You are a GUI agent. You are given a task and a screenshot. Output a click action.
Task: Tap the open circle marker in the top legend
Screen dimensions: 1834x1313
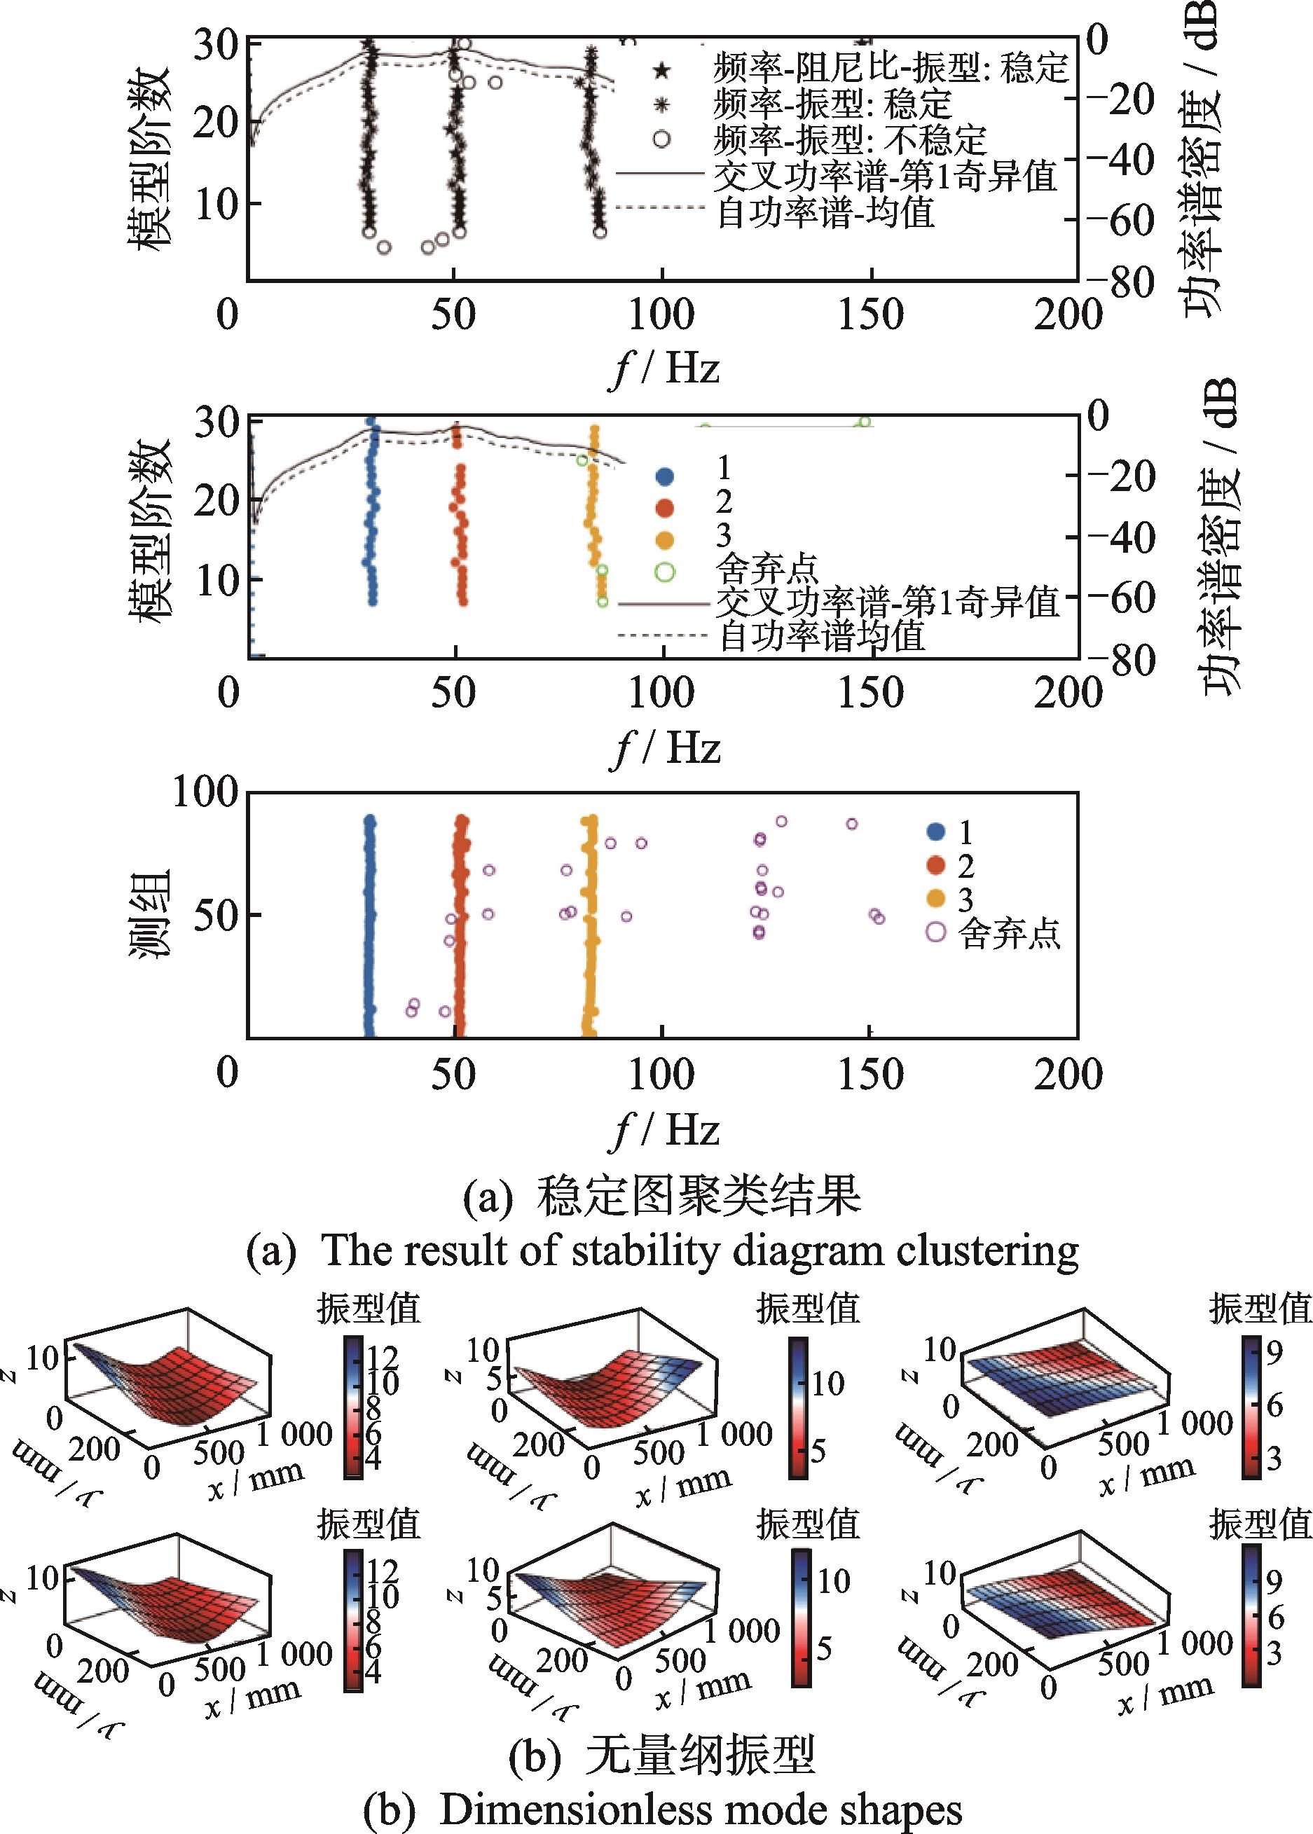661,139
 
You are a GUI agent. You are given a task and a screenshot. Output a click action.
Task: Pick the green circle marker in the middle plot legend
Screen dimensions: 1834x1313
665,572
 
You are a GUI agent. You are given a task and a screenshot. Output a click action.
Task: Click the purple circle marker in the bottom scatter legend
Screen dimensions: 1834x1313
935,931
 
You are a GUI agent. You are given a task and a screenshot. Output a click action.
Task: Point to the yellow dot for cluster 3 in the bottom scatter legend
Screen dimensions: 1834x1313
935,898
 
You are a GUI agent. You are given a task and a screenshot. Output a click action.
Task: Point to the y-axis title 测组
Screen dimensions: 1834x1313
151,913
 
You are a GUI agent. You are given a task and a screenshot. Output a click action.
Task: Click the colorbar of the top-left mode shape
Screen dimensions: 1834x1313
353,1407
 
